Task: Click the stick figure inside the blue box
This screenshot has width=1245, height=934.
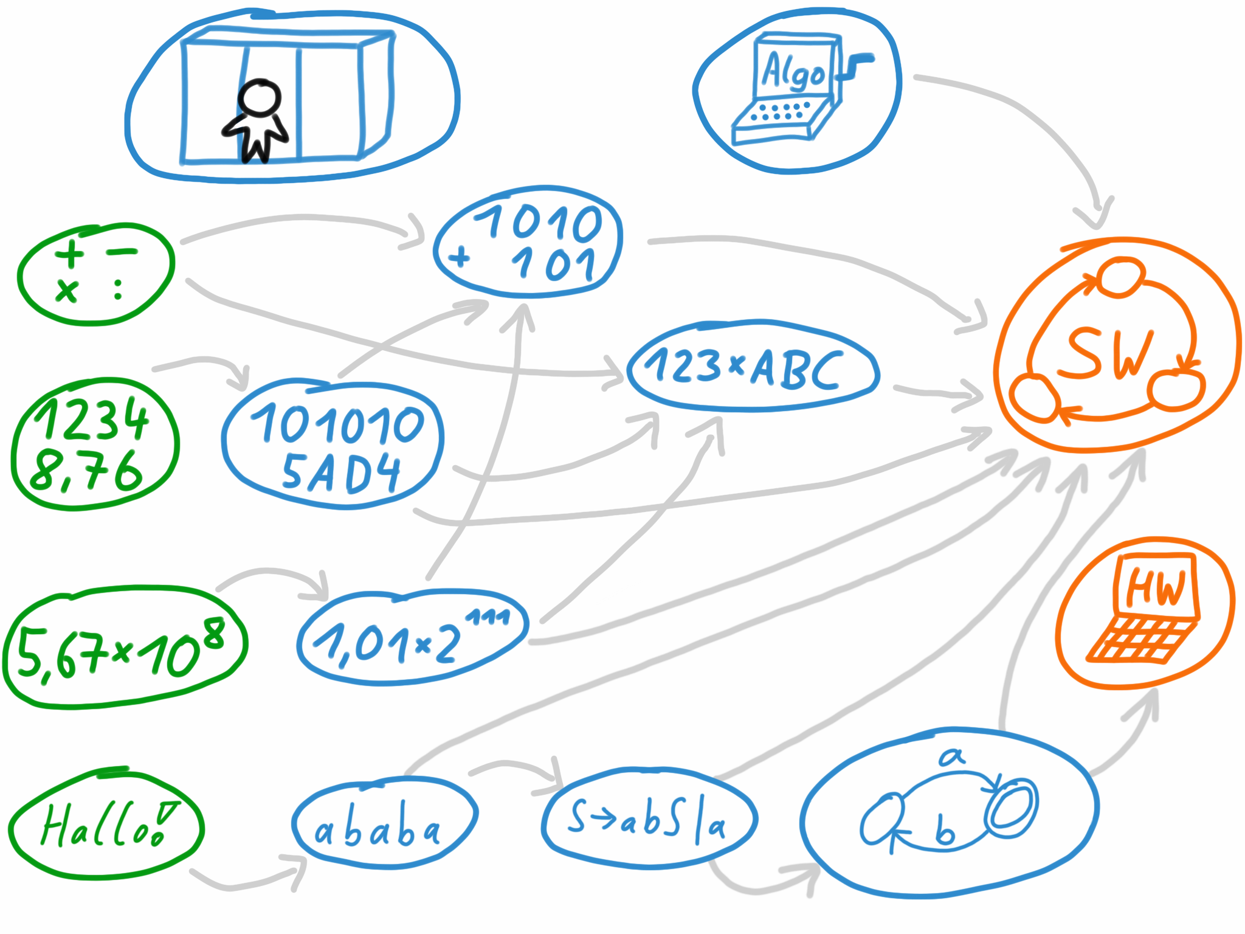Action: [258, 122]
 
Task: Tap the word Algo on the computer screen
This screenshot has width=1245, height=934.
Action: [793, 72]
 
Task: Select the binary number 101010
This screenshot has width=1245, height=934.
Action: [338, 424]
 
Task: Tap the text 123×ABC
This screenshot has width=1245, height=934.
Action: [745, 368]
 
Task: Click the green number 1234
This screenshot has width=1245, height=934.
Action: [91, 418]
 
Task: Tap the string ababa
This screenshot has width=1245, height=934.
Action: [377, 831]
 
